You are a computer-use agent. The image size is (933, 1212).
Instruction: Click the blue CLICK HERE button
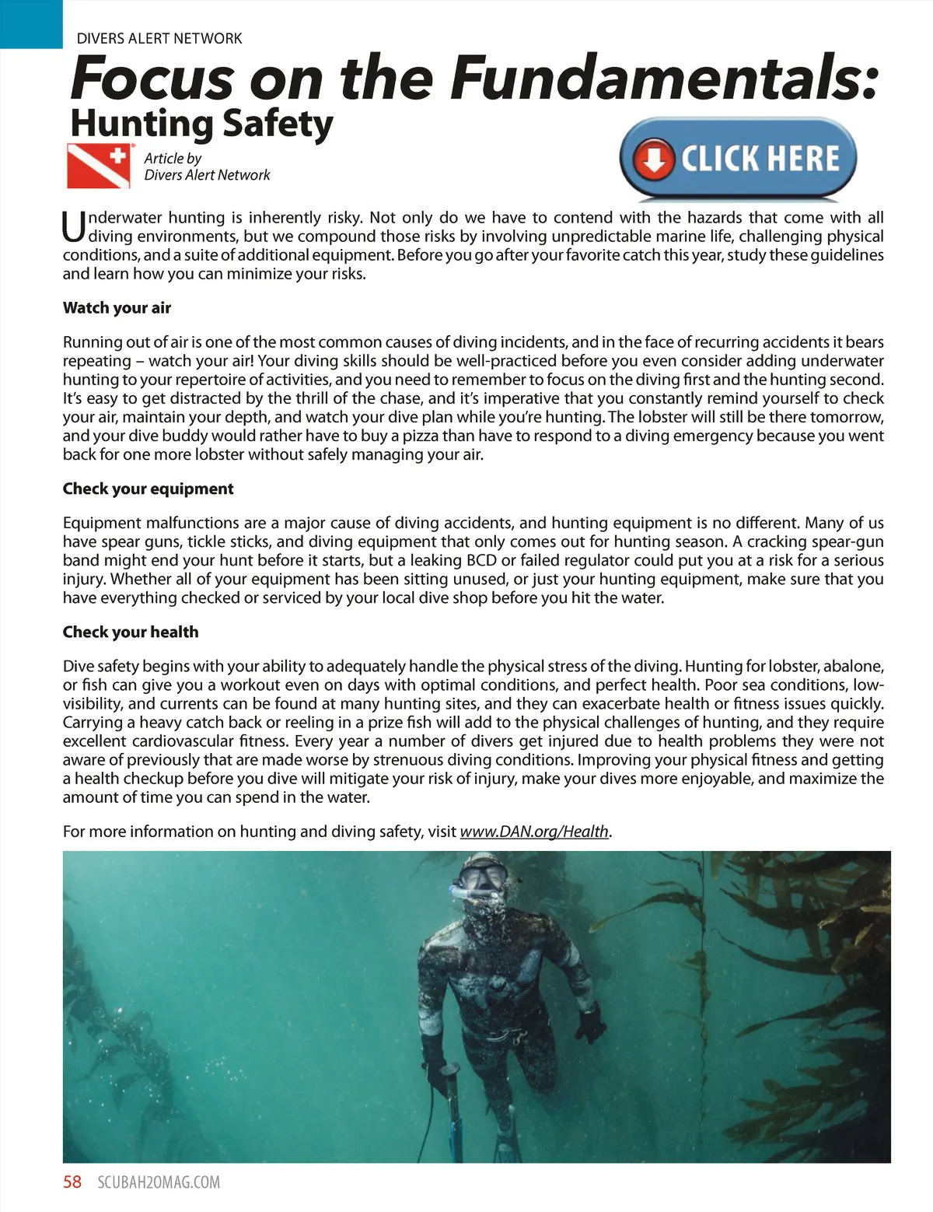(738, 158)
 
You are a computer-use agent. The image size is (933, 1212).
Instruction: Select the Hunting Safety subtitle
(201, 124)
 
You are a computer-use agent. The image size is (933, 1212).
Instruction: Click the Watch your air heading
(117, 307)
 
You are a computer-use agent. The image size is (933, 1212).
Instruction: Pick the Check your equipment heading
(148, 489)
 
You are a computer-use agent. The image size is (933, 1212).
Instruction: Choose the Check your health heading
(131, 632)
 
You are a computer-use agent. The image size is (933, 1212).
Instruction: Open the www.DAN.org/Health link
(534, 831)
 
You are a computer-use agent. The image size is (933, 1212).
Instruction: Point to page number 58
(72, 1182)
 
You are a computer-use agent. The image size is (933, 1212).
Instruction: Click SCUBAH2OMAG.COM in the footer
(159, 1182)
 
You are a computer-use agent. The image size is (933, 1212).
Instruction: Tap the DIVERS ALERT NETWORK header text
(159, 38)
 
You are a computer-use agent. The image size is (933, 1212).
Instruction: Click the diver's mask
(480, 877)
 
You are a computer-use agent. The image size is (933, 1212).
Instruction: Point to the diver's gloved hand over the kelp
(592, 1022)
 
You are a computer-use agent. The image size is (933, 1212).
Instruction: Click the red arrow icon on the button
(654, 159)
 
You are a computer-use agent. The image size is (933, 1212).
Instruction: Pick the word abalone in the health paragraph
(852, 666)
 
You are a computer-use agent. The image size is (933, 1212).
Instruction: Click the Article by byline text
(173, 158)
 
